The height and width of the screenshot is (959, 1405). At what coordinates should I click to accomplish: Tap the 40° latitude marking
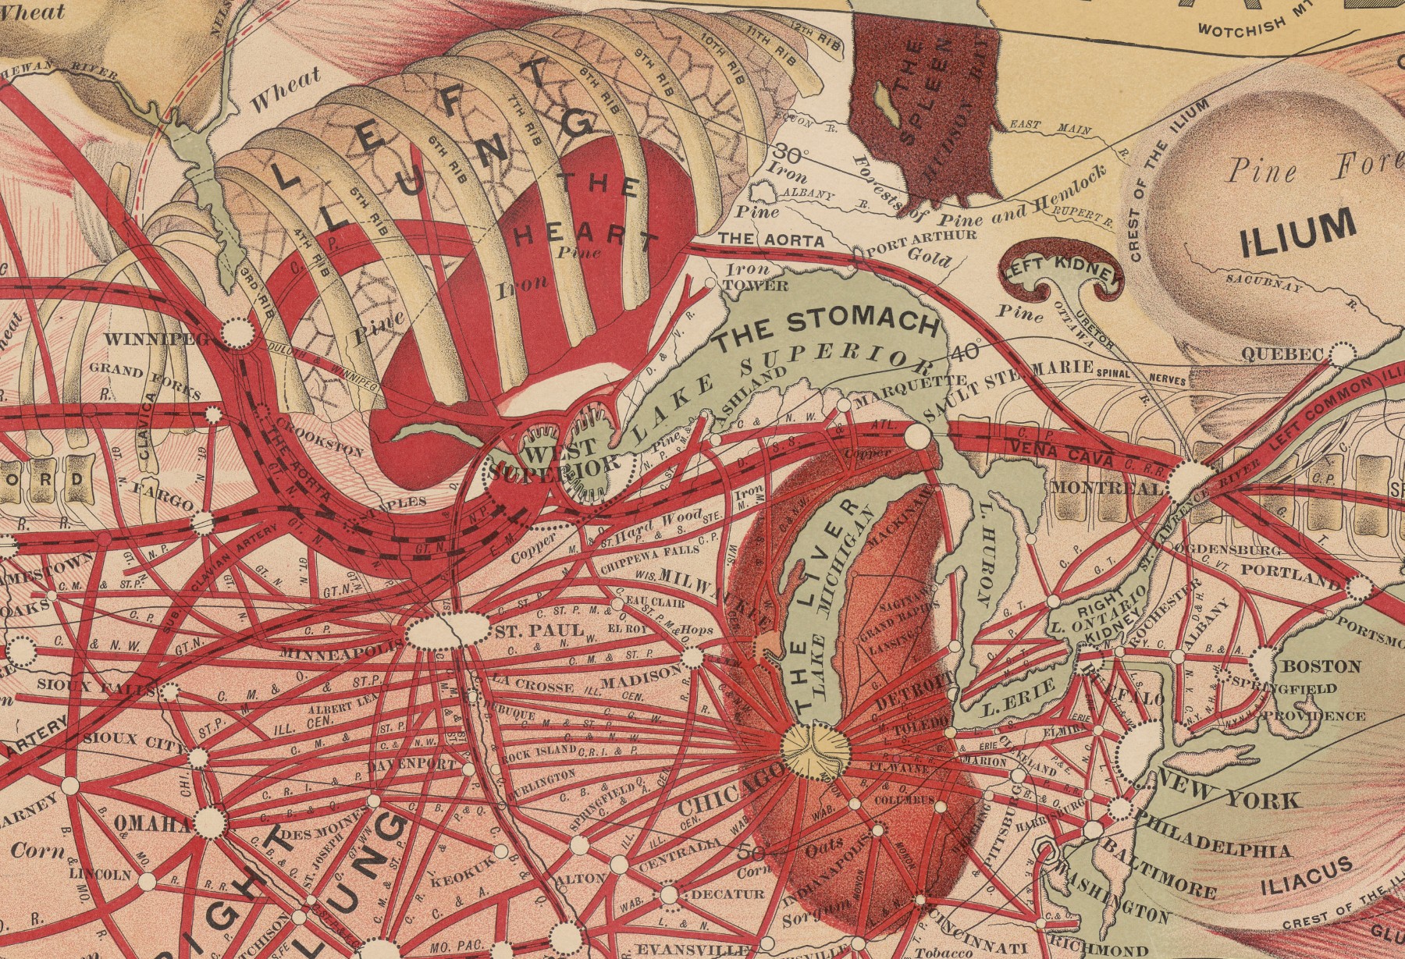[966, 352]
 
